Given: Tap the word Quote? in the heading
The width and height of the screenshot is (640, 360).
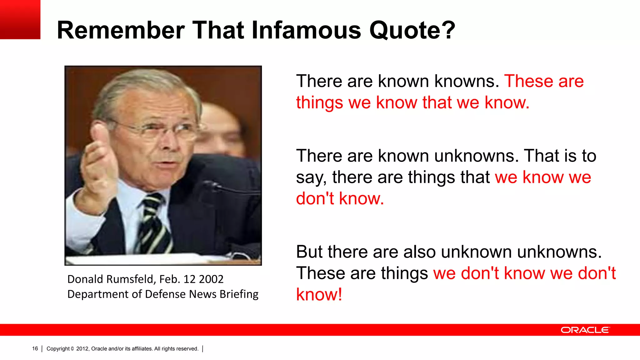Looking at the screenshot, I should pos(412,31).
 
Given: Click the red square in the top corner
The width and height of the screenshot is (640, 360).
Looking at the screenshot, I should pos(20,19).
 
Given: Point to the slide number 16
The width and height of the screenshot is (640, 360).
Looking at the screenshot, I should pos(35,349).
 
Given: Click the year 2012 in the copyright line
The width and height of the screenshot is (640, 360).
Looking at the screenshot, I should pos(82,349).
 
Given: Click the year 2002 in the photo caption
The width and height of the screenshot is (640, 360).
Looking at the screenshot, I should pos(211,279).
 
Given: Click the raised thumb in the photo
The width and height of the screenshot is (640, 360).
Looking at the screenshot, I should pos(99,137).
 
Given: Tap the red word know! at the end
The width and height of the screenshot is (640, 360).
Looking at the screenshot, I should pos(319,294).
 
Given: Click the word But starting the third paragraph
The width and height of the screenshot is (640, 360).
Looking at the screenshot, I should pos(309,252).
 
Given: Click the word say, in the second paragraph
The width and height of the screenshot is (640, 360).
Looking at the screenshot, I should pos(311,177).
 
